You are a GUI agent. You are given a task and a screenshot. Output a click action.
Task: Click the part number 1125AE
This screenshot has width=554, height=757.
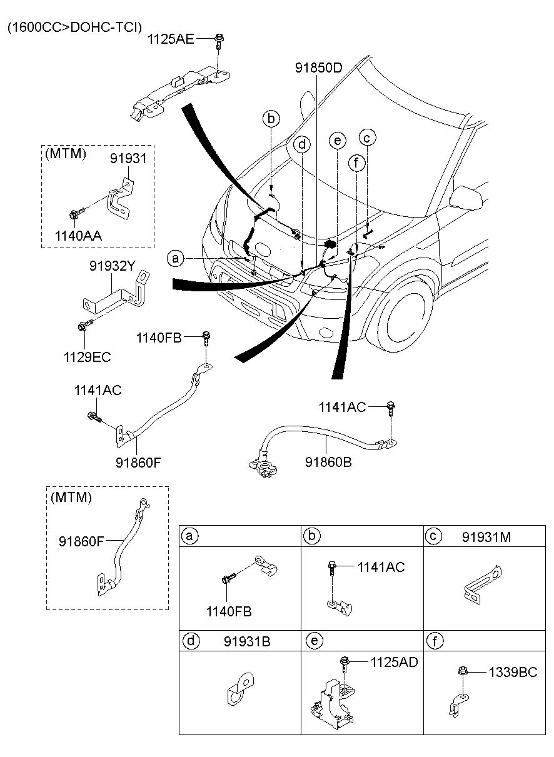coord(171,39)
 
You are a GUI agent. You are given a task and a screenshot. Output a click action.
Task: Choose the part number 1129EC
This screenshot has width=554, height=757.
coord(86,357)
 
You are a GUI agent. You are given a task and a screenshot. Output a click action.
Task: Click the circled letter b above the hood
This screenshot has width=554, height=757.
coord(271,118)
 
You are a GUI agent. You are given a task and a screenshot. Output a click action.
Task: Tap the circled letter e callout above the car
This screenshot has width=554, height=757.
coord(337,141)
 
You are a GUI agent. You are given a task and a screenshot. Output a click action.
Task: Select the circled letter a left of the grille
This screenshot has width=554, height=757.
coord(176,258)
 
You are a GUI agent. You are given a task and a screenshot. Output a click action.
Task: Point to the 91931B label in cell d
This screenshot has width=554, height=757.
coord(247,641)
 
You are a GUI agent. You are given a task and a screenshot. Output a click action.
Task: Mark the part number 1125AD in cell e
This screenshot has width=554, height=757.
coord(393,662)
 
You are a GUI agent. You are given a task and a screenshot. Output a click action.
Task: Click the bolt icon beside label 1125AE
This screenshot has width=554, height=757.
coord(219,41)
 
